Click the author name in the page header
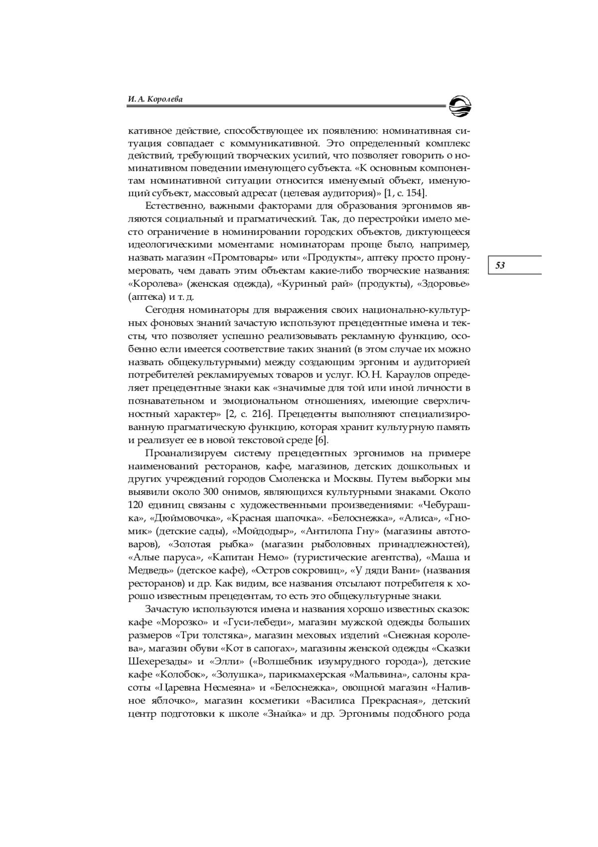[x=155, y=99]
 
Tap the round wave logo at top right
[x=459, y=105]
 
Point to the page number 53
[x=500, y=265]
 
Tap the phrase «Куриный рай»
[x=309, y=284]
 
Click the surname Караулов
[x=426, y=375]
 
